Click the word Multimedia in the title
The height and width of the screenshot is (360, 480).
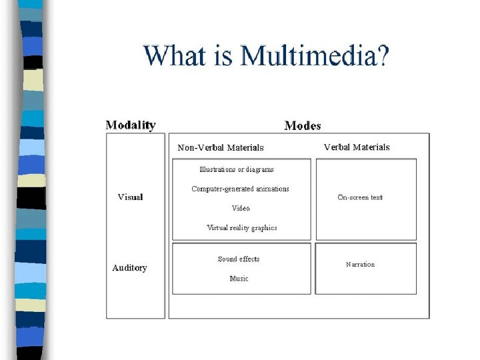[308, 55]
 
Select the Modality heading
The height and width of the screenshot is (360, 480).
[131, 125]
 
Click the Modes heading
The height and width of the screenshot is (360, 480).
[302, 125]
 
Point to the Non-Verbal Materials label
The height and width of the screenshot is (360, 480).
[220, 147]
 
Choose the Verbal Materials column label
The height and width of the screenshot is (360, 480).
[356, 147]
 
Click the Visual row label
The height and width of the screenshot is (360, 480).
[130, 197]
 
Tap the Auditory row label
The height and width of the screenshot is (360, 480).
[129, 267]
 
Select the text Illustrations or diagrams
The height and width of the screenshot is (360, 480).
[236, 169]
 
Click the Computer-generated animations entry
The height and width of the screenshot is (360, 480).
[240, 189]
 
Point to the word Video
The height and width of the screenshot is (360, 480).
[241, 208]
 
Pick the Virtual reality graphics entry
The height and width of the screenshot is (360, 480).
[241, 227]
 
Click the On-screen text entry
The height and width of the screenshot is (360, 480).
[360, 197]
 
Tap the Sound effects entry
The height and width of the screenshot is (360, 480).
[238, 259]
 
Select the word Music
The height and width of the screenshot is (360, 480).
[239, 278]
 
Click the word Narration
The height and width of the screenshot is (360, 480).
[360, 264]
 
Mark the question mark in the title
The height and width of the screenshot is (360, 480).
[383, 55]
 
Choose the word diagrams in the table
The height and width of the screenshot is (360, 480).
[259, 169]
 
